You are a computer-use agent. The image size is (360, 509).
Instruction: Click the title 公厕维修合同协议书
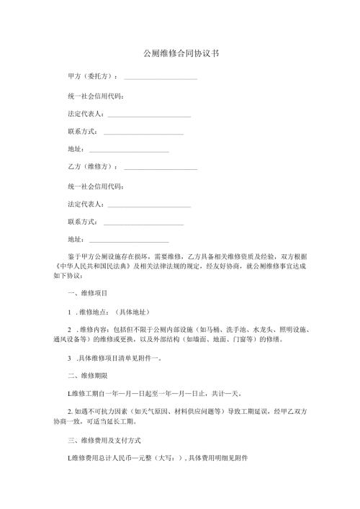point(181,53)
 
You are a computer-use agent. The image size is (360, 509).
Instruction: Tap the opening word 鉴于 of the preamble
point(73,256)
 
